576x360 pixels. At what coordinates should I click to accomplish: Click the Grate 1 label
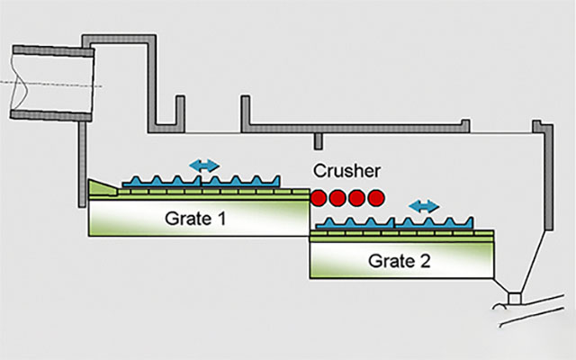point(195,218)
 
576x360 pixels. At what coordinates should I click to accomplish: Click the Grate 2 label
point(399,262)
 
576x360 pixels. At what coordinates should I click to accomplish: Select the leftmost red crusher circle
point(318,197)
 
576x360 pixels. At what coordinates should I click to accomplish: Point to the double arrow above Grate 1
point(204,166)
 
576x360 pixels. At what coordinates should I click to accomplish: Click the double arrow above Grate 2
point(423,206)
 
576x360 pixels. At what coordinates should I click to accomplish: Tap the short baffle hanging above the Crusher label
point(317,141)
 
